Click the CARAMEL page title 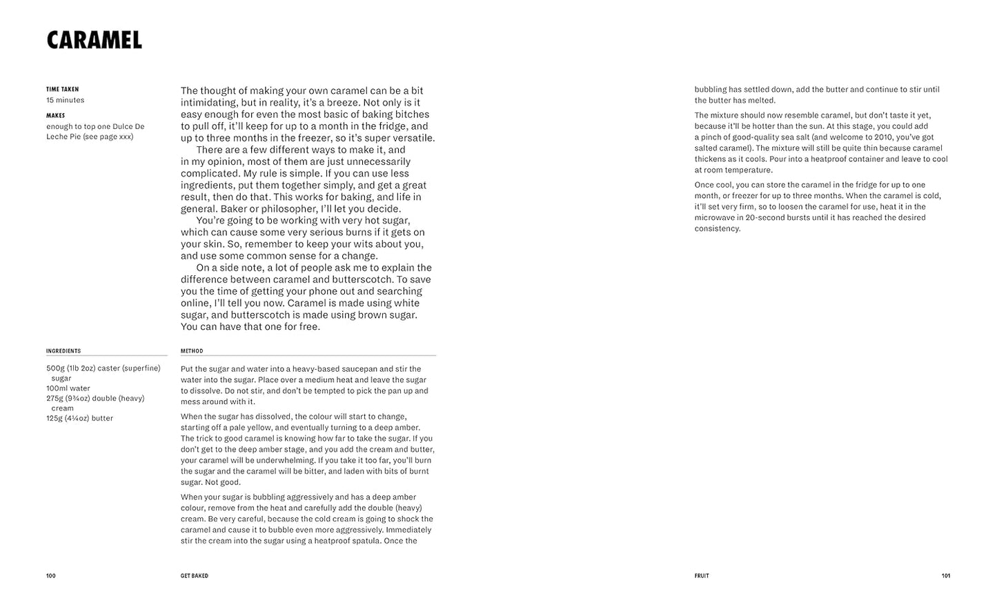[95, 40]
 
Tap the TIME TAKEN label [63, 89]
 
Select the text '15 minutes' [66, 100]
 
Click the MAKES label [56, 115]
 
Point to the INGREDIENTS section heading [63, 351]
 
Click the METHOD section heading [192, 351]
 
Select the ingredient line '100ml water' [68, 388]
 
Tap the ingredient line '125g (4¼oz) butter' [80, 418]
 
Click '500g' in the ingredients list [55, 368]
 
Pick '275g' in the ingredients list [55, 398]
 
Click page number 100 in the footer [51, 576]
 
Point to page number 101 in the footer [946, 576]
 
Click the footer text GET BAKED [195, 576]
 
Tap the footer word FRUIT [702, 576]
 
